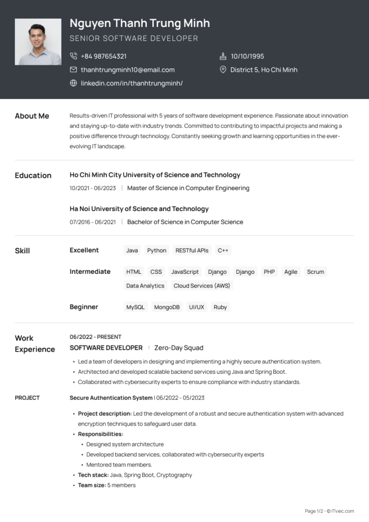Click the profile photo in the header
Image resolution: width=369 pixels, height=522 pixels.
(x=38, y=42)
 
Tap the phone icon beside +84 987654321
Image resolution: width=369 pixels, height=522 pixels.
(x=73, y=56)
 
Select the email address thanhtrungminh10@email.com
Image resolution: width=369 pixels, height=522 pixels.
(x=127, y=70)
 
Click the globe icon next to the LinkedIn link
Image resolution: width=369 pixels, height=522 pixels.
(x=73, y=83)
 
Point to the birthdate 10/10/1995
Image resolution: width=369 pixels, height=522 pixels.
(x=247, y=56)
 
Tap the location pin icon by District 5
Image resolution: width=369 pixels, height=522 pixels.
(x=223, y=70)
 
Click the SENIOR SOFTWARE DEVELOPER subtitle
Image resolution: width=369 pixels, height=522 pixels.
(x=134, y=38)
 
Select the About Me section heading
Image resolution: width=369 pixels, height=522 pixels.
(x=32, y=116)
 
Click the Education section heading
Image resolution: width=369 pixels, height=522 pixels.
(x=33, y=175)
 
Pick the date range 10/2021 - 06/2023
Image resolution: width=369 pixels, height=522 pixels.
(x=93, y=188)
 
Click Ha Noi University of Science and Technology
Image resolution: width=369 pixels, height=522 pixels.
(x=139, y=208)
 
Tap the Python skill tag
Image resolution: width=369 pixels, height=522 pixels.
(x=156, y=250)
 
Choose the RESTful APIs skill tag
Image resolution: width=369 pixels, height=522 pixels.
(x=192, y=250)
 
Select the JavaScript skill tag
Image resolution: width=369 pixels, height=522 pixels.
(x=184, y=272)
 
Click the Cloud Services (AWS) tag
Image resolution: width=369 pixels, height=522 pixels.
(x=202, y=285)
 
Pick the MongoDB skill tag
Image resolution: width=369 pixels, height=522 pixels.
(x=167, y=307)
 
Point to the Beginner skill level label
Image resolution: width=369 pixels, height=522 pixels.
(x=84, y=307)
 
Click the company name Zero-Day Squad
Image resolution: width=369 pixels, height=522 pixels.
(x=178, y=348)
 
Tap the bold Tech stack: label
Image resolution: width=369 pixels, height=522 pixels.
(x=93, y=475)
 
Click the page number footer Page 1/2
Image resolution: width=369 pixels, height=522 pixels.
(x=314, y=511)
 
